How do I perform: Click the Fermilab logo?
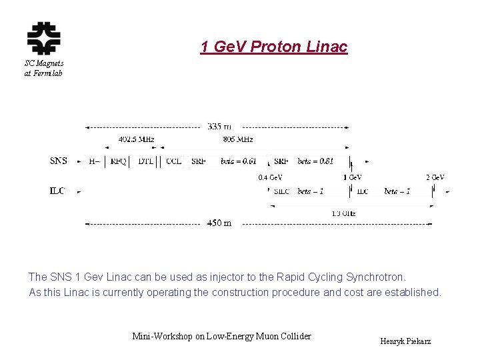[43, 39]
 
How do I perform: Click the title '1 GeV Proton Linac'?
[273, 47]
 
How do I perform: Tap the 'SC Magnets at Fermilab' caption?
[43, 69]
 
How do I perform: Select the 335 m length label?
[219, 126]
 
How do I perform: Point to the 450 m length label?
[219, 223]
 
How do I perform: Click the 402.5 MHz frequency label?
[137, 139]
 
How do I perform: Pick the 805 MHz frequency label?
[237, 139]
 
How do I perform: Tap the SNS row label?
[59, 161]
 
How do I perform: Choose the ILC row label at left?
[57, 191]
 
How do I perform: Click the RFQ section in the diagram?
[119, 161]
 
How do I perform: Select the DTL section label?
[145, 161]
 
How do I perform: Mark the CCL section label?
[173, 161]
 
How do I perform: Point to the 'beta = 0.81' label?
[315, 161]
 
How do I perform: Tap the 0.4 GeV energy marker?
[270, 177]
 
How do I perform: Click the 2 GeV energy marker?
[435, 177]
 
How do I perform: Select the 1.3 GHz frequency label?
[343, 213]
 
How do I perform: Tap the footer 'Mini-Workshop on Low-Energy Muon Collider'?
[221, 336]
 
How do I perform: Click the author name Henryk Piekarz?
[405, 341]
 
